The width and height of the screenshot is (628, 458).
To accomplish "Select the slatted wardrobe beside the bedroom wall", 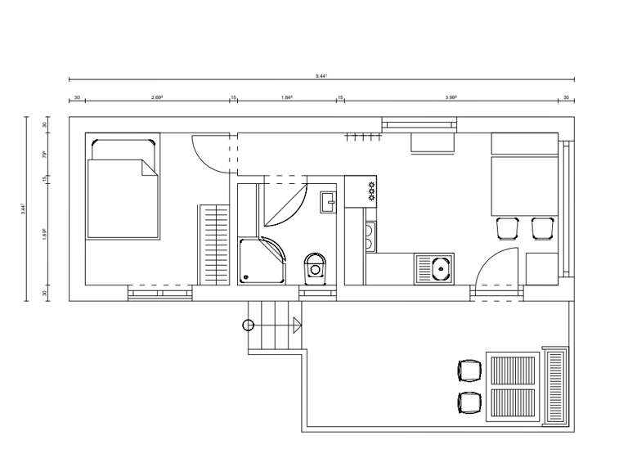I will [x=215, y=245].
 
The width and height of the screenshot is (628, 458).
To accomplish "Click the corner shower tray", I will [x=262, y=261].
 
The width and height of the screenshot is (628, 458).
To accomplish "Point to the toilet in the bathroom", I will [x=315, y=266].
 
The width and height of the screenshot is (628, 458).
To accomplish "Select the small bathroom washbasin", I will [x=328, y=200].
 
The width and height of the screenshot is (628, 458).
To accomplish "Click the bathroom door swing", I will [x=286, y=204].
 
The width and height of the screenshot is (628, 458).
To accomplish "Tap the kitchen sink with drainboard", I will [x=434, y=267].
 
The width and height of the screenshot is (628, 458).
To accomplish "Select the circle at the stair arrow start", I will [x=248, y=325].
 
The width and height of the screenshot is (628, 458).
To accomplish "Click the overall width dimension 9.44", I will [x=321, y=75].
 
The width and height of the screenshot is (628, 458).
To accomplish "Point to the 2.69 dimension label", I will [x=157, y=97].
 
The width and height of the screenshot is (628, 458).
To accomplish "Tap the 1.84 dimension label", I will [x=286, y=97].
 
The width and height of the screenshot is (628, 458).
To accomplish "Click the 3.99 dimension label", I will [x=451, y=97].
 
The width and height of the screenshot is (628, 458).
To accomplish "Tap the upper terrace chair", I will [x=469, y=370].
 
